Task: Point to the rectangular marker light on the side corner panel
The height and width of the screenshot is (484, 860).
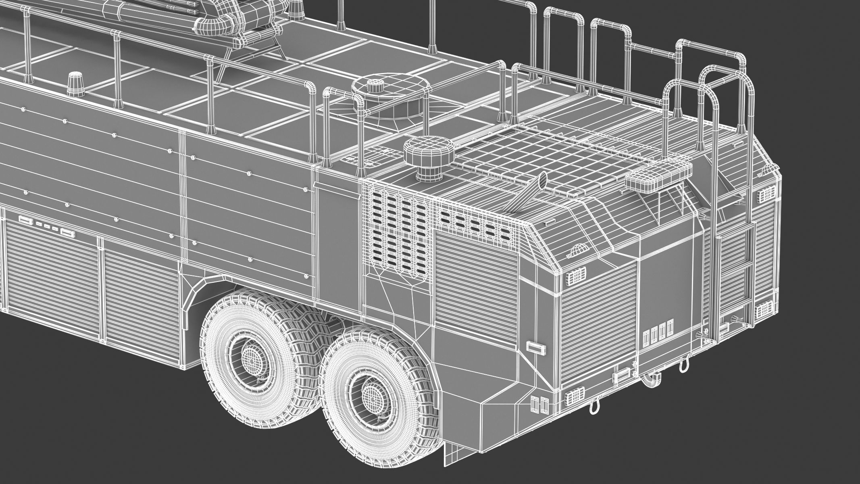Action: tap(535, 346)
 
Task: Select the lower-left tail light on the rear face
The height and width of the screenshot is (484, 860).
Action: tap(574, 398)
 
